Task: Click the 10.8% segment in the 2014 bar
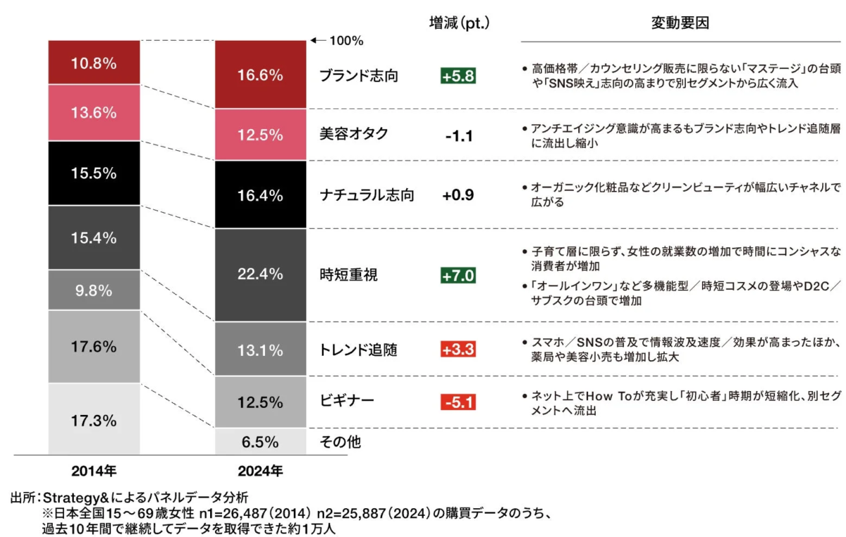[93, 63]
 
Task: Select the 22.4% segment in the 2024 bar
[260, 274]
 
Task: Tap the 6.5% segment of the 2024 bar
[260, 442]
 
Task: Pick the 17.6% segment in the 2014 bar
[93, 346]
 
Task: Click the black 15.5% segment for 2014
[93, 173]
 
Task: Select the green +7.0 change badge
[458, 275]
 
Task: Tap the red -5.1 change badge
[458, 403]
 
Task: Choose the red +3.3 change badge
[458, 350]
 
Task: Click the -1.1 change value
[458, 135]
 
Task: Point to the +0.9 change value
[458, 195]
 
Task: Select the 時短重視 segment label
[348, 275]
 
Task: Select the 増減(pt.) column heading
[459, 23]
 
